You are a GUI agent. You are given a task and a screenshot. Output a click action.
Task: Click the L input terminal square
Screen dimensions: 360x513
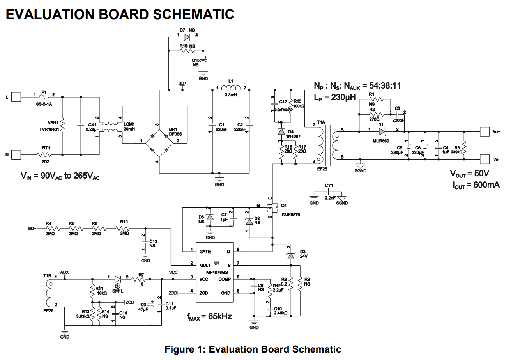(16, 96)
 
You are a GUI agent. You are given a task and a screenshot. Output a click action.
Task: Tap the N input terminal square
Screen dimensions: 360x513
(16, 155)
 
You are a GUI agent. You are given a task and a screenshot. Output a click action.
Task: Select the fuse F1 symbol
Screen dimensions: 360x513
(44, 96)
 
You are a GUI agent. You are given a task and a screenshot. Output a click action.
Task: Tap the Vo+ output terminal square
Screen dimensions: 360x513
(484, 131)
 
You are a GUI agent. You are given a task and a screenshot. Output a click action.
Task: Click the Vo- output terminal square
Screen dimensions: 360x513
(484, 159)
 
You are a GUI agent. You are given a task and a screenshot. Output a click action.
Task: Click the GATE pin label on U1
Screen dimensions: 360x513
(205, 252)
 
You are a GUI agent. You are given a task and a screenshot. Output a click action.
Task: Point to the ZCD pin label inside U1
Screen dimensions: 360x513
(203, 293)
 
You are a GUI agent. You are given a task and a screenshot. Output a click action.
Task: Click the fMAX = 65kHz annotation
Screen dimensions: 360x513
(209, 317)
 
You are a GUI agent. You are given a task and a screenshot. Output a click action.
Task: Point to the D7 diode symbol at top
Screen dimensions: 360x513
(187, 37)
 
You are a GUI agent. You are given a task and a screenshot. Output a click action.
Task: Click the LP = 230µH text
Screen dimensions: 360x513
(335, 97)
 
